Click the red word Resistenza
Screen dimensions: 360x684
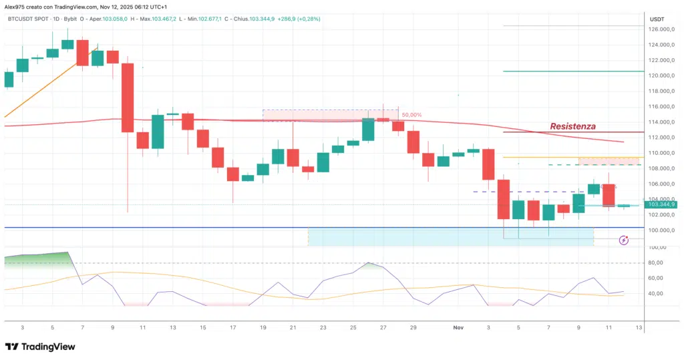(x=572, y=126)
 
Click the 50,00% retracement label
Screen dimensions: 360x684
(x=411, y=115)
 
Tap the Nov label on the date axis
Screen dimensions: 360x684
(x=458, y=328)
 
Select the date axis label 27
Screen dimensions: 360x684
(x=383, y=328)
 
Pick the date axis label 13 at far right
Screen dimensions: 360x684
(x=639, y=328)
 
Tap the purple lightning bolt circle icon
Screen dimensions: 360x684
(x=624, y=240)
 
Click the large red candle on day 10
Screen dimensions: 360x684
(x=128, y=98)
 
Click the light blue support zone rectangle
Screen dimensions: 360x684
(x=451, y=236)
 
